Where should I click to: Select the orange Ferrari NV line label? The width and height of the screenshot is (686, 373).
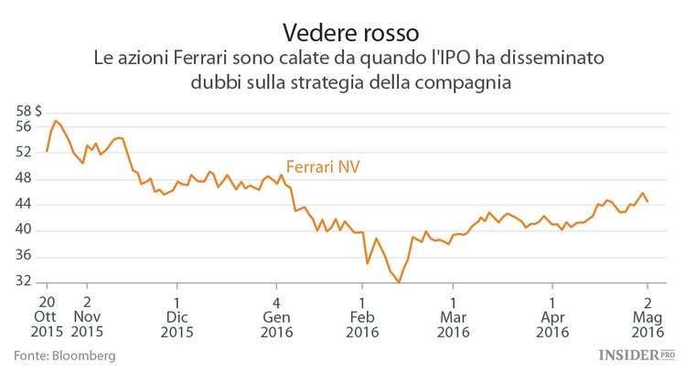(323, 166)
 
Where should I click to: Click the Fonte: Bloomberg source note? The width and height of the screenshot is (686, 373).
(64, 355)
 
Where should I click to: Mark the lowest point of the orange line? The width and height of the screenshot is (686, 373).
(399, 282)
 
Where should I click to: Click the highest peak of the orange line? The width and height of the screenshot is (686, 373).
(56, 121)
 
